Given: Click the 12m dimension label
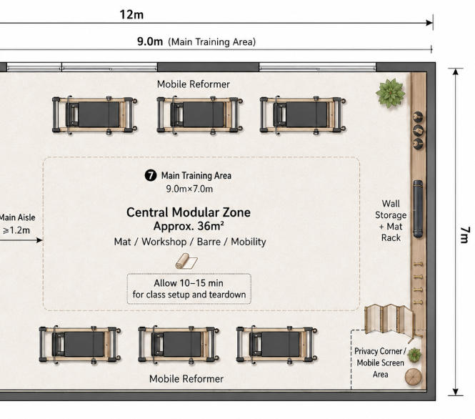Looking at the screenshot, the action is (131, 14).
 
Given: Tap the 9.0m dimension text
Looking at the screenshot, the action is (150, 41).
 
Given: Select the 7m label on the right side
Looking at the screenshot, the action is (465, 235).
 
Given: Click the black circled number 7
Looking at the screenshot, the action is (151, 175).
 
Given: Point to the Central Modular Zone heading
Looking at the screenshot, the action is (189, 212).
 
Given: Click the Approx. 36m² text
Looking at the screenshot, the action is (189, 226).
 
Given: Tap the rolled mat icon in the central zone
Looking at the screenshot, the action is (186, 261).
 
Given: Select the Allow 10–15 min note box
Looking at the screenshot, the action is (189, 289).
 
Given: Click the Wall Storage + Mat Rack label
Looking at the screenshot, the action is (391, 220).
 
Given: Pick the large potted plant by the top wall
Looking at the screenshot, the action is (391, 93).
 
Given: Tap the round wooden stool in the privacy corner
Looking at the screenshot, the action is (413, 377).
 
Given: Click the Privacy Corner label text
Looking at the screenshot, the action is (380, 363).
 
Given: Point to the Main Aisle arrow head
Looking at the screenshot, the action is (39, 240).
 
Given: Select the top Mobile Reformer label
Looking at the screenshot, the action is (194, 84).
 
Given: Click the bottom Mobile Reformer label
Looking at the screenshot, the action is (186, 379).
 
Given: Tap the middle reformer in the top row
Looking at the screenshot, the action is (199, 114).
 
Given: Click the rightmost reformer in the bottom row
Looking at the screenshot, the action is (277, 345).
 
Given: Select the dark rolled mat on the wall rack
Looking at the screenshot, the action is (418, 209).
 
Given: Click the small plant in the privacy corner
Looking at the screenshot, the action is (414, 355).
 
